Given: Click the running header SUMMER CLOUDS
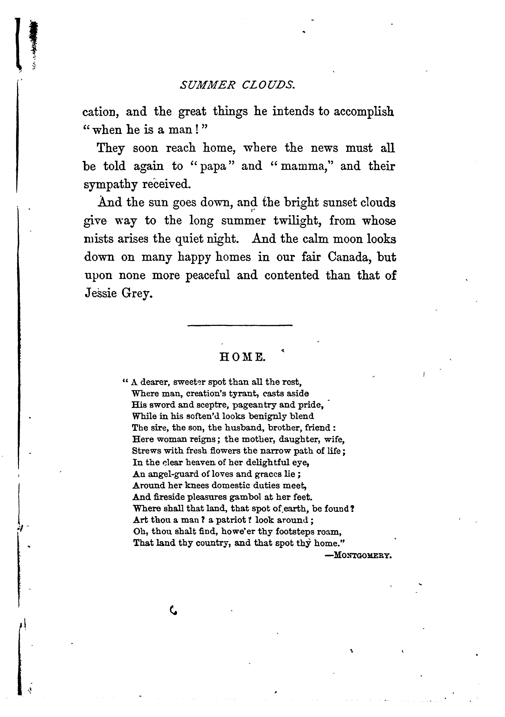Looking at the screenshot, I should tap(237, 85).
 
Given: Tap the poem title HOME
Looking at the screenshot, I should tap(243, 357).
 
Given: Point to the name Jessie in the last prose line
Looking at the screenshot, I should tap(101, 294).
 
